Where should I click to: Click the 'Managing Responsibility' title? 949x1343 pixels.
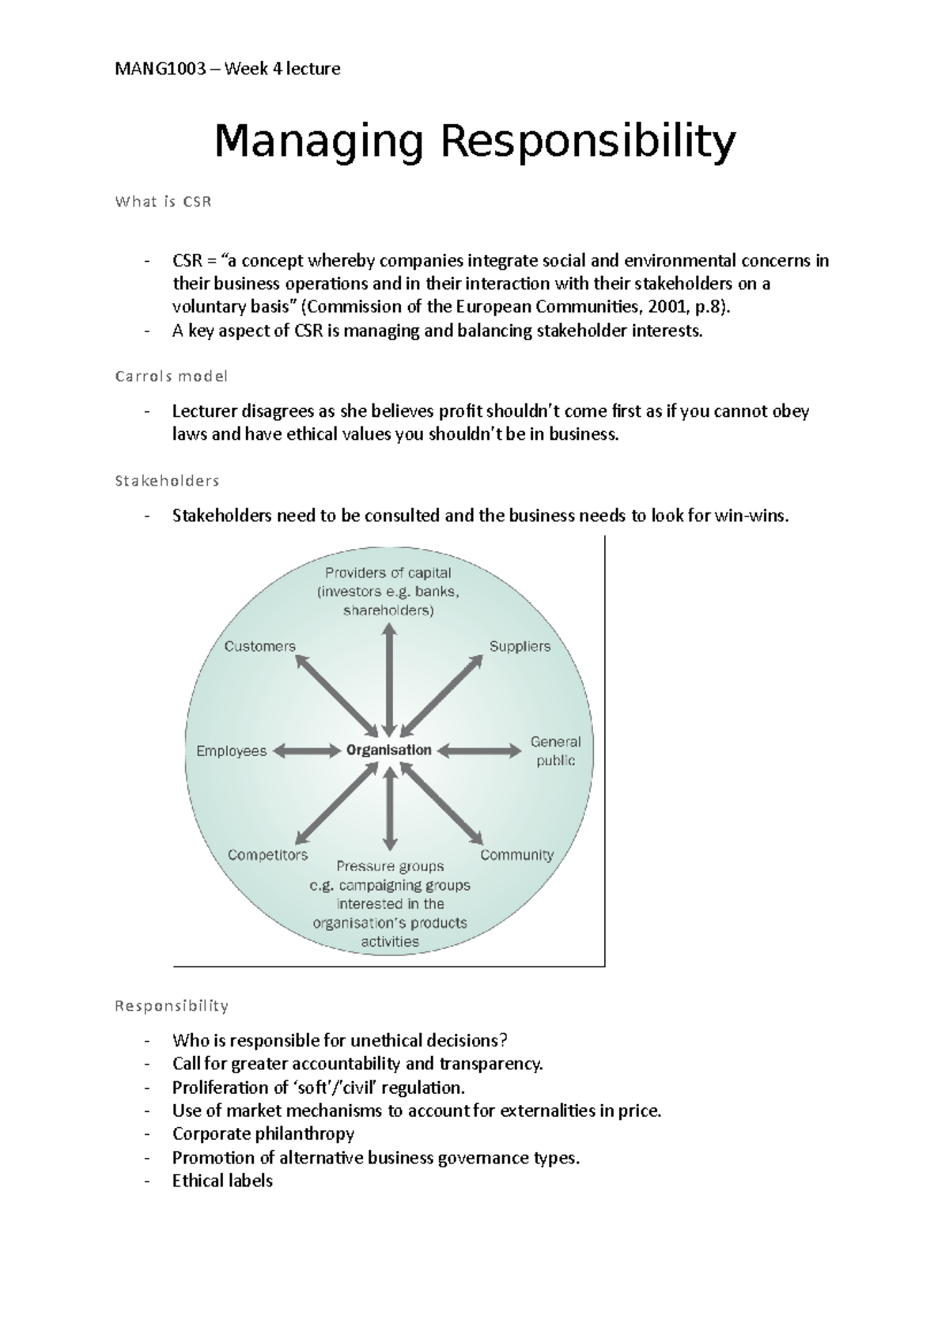pos(475,142)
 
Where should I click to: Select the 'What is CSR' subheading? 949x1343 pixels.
pos(163,202)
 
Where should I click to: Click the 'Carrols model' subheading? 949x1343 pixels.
pos(171,376)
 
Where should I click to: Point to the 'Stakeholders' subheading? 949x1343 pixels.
pos(167,481)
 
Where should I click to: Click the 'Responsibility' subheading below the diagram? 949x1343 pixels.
pos(171,1006)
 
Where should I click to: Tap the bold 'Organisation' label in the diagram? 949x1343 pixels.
pos(389,750)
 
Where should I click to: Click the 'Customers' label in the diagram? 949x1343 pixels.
pos(259,646)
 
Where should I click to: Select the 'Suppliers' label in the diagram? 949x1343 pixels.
pos(520,646)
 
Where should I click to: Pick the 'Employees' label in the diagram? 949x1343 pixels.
pos(231,751)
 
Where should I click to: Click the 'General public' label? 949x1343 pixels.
pos(555,751)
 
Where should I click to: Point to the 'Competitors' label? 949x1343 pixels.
pos(267,855)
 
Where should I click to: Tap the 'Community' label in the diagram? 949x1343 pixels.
pos(516,855)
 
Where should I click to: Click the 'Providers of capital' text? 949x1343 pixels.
pos(388,573)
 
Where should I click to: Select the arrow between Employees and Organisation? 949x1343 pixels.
pos(305,751)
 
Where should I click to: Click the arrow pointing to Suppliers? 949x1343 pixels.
pos(444,694)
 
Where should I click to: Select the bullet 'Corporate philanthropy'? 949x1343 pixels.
pos(263,1133)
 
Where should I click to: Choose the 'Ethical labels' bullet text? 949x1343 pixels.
pos(222,1181)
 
